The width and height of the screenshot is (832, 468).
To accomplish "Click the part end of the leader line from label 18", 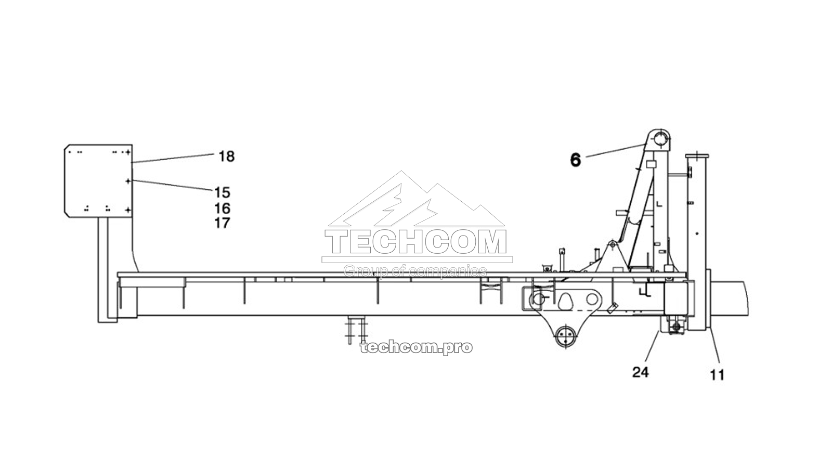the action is (x=132, y=162).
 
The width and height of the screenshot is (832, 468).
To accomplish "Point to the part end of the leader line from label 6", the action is (x=647, y=144).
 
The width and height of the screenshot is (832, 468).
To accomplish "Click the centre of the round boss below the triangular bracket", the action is (x=565, y=335).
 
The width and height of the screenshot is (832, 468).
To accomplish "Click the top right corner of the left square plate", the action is (x=132, y=145).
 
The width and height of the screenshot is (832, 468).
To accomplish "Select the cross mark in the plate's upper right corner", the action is (x=128, y=152).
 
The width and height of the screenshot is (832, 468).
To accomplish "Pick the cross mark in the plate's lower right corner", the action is (x=128, y=210).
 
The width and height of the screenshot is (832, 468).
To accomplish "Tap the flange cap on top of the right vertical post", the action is (x=697, y=156).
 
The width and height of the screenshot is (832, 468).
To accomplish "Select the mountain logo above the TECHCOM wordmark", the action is (x=416, y=199).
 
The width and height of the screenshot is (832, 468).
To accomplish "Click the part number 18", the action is (x=227, y=157).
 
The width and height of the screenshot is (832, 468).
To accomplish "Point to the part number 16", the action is (x=222, y=209).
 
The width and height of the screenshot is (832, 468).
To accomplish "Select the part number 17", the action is (x=222, y=223).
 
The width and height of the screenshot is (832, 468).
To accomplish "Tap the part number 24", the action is (x=641, y=372).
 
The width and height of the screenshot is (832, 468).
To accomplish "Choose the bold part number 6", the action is (x=575, y=160).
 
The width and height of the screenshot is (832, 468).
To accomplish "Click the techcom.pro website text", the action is (x=417, y=348).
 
